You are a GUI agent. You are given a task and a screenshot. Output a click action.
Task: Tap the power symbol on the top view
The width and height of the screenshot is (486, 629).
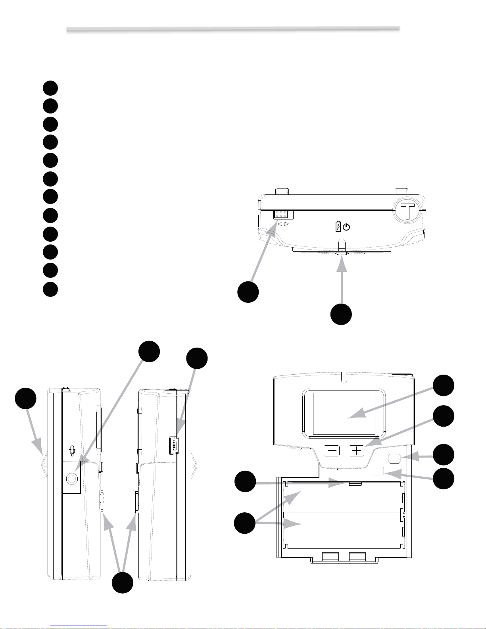[x=346, y=227]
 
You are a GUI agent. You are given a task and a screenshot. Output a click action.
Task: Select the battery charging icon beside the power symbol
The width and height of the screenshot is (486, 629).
[x=338, y=226]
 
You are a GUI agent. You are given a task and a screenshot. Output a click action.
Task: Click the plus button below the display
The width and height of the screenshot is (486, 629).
[x=356, y=451]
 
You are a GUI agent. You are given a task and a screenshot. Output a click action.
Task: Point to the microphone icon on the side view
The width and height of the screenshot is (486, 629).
[x=72, y=451]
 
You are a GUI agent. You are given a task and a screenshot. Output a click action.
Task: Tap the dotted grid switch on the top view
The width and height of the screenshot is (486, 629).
[x=280, y=214]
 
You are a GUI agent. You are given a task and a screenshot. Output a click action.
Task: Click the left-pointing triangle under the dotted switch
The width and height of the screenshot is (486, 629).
[x=280, y=224]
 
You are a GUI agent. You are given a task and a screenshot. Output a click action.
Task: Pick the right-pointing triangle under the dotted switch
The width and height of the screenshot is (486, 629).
[x=286, y=224]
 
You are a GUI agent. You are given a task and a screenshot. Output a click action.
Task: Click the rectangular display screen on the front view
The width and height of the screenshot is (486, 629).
[x=344, y=414]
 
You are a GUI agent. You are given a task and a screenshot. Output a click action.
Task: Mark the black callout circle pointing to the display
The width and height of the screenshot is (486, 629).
[x=444, y=385]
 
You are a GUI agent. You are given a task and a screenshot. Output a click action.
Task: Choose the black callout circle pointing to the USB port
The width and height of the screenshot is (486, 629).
[x=197, y=358]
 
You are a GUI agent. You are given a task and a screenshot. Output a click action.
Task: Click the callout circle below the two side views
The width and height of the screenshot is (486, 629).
[x=123, y=583]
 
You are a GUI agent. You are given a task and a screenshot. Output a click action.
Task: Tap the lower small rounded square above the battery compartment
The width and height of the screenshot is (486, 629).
[x=378, y=471]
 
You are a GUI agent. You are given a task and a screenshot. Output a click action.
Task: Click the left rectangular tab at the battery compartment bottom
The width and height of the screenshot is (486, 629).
[x=330, y=557]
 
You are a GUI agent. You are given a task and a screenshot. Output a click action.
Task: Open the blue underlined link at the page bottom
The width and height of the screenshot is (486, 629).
[x=79, y=625]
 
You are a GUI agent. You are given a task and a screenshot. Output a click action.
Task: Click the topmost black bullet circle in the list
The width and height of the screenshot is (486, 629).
[x=50, y=88]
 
